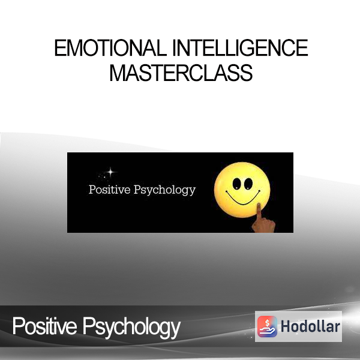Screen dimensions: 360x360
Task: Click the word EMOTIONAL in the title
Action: coord(110,48)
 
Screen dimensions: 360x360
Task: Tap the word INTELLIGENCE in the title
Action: coord(240,48)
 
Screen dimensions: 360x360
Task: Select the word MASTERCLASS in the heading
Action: coord(181,73)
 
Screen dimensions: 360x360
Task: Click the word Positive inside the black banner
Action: coord(110,190)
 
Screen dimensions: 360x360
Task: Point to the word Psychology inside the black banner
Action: coord(164,190)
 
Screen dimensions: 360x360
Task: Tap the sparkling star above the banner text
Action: coord(110,172)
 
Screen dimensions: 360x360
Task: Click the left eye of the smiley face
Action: coord(236,184)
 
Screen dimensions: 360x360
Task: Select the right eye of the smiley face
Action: coord(248,184)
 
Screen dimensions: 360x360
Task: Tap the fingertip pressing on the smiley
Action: coord(259,205)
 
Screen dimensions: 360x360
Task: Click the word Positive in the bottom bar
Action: coord(44,326)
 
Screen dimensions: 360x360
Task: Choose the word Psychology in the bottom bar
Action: coord(131,328)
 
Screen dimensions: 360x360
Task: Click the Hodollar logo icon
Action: coord(267,326)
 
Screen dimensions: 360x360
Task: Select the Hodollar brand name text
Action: coord(310,326)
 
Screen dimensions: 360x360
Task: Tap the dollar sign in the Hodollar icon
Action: coord(267,323)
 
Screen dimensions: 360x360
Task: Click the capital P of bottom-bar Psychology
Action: coord(88,326)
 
